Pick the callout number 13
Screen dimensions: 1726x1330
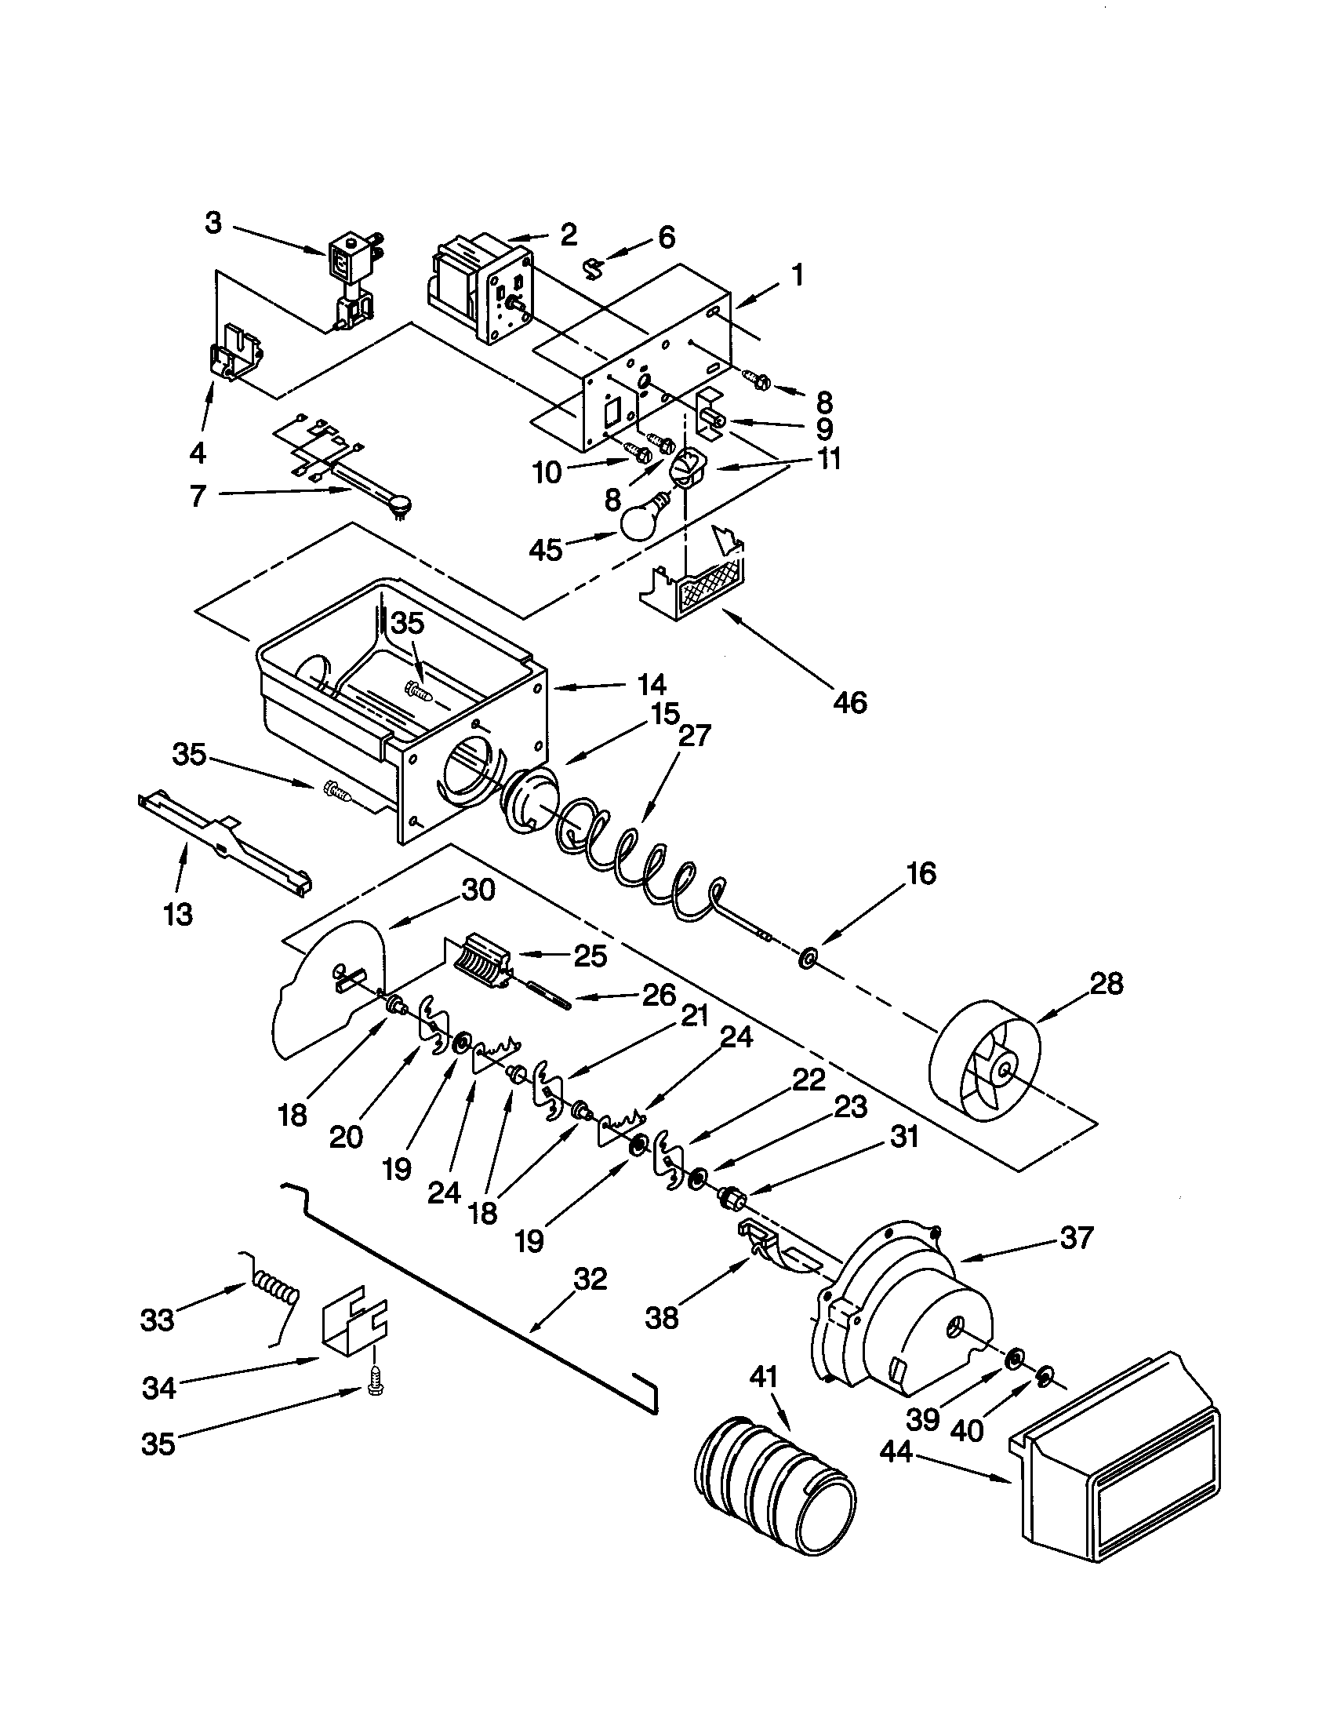tap(179, 915)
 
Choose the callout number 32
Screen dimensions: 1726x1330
tap(591, 1278)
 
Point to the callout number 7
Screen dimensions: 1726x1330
tap(198, 496)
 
